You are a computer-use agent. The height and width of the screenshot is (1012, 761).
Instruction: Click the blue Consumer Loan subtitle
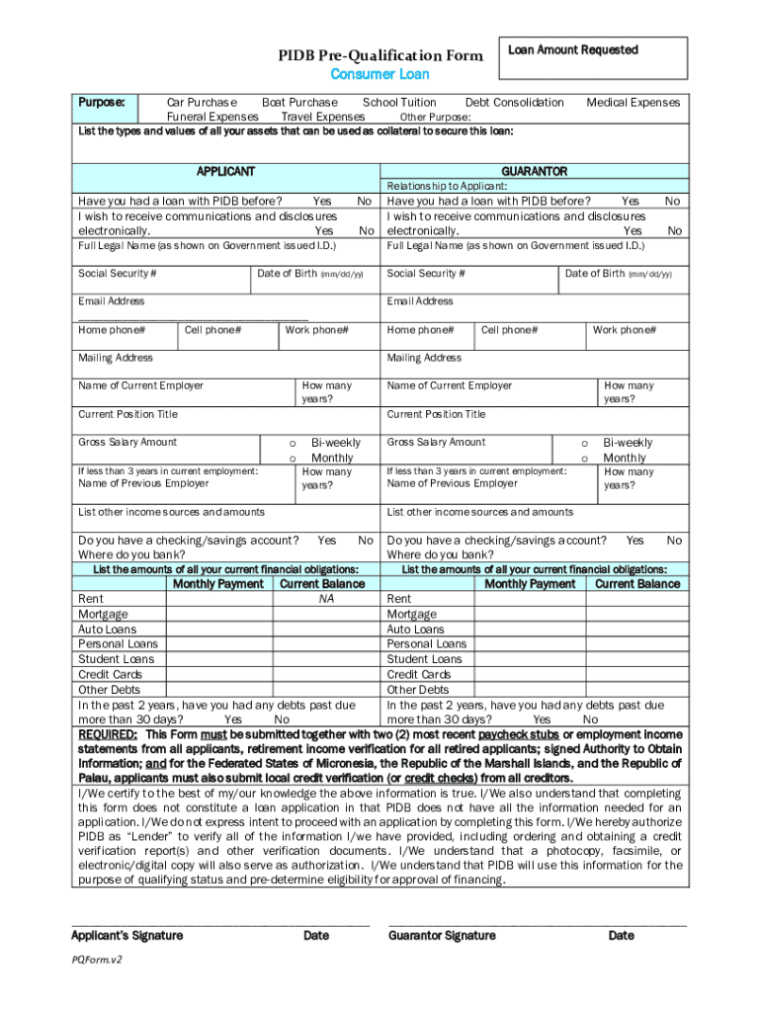click(x=380, y=74)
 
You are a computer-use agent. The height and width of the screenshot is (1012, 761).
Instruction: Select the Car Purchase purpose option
click(x=202, y=102)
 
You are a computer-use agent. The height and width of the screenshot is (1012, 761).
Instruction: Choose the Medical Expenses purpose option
click(x=633, y=102)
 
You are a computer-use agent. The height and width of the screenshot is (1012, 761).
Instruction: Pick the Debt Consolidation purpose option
click(x=514, y=102)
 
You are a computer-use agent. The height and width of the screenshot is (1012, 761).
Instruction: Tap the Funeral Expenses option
click(x=212, y=117)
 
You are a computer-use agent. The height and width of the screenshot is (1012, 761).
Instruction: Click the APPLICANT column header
click(x=226, y=171)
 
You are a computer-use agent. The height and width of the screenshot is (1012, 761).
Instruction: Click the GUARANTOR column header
click(x=534, y=171)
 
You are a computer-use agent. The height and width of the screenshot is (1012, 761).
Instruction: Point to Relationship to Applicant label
click(x=447, y=186)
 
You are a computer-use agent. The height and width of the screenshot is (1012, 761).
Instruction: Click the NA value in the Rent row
click(x=325, y=599)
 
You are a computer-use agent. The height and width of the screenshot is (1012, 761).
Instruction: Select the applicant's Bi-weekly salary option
click(x=335, y=443)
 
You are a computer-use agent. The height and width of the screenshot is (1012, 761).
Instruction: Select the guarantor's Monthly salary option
click(x=624, y=458)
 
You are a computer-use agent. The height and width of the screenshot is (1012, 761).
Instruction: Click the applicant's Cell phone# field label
click(x=212, y=329)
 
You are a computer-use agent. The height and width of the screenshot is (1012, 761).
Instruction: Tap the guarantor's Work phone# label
click(x=624, y=329)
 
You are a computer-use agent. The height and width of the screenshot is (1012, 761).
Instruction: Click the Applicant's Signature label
click(x=127, y=936)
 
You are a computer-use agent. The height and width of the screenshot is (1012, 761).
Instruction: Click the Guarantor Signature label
click(x=442, y=936)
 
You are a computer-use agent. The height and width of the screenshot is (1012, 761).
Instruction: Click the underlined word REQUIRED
click(x=108, y=734)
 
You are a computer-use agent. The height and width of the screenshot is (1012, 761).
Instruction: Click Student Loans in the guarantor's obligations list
click(x=424, y=659)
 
